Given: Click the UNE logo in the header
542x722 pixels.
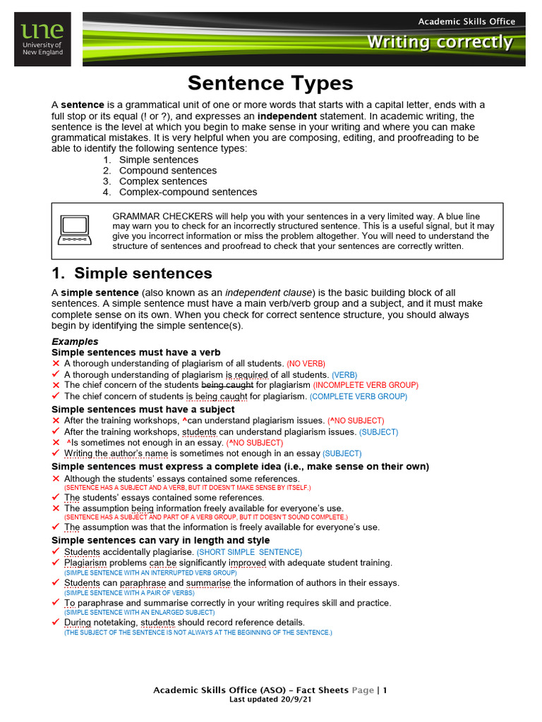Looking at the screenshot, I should pyautogui.click(x=42, y=39).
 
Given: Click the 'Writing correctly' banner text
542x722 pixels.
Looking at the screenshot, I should pyautogui.click(x=439, y=42).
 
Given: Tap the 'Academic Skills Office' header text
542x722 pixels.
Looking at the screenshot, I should pyautogui.click(x=466, y=21).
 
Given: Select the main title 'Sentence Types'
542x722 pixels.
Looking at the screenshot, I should pyautogui.click(x=270, y=83).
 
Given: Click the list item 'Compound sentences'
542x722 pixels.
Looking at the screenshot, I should pyautogui.click(x=168, y=171).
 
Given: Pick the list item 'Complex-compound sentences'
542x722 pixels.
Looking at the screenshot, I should pyautogui.click(x=188, y=192).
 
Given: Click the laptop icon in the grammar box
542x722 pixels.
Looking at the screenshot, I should pyautogui.click(x=74, y=230).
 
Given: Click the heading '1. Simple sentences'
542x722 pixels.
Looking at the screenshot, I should pyautogui.click(x=132, y=274).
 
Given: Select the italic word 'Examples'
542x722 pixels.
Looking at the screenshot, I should pyautogui.click(x=75, y=341).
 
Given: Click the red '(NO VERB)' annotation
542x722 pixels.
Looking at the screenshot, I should pyautogui.click(x=305, y=363).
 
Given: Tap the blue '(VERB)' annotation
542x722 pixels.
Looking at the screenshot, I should pyautogui.click(x=344, y=374).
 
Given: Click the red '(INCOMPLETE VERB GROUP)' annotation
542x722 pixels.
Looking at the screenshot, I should pyautogui.click(x=366, y=386).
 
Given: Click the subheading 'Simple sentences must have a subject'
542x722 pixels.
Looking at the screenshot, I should pyautogui.click(x=143, y=409).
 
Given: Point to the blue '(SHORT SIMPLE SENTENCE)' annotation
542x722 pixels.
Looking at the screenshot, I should pyautogui.click(x=249, y=552).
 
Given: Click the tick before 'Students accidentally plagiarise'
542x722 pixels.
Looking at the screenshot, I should pyautogui.click(x=56, y=551).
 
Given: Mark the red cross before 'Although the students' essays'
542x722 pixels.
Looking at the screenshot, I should pyautogui.click(x=56, y=479).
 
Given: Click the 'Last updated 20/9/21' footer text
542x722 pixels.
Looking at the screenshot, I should pyautogui.click(x=270, y=700).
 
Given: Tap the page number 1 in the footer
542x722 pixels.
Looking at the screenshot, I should pyautogui.click(x=385, y=690).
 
